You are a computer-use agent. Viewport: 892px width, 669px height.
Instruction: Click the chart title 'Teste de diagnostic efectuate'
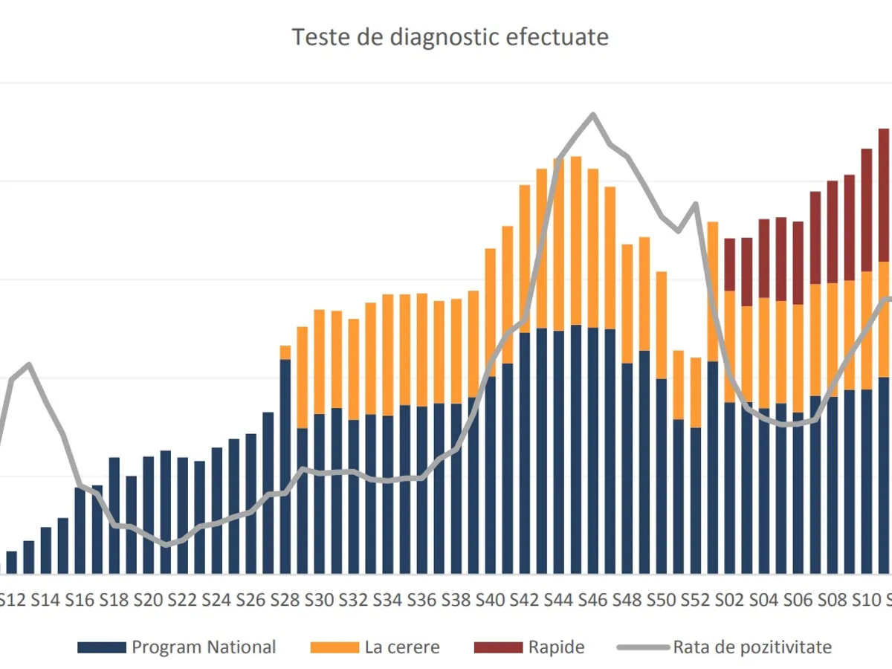coord(450,37)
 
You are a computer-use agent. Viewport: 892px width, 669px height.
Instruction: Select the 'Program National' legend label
coord(204,647)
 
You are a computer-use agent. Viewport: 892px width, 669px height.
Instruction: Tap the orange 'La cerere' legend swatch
coord(333,647)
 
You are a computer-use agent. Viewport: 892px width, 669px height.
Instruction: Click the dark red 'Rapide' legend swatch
coord(498,647)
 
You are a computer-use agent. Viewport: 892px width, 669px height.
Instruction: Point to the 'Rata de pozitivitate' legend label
coord(752,647)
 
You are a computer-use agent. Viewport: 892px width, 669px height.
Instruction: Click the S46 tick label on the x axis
coord(593,600)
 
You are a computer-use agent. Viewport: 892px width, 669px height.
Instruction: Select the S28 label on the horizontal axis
coord(285,600)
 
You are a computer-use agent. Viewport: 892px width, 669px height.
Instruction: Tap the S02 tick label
coord(730,600)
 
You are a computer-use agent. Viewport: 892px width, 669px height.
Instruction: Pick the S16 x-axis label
coord(80,600)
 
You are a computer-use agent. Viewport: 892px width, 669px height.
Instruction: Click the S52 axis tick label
coord(696,600)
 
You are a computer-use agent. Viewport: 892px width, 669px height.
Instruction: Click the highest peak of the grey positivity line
coord(593,114)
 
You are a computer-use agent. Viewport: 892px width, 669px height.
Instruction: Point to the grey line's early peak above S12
coord(29,364)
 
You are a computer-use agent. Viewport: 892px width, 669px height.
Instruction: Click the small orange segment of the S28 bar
coord(285,352)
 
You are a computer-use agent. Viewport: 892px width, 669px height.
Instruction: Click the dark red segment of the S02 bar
coord(730,265)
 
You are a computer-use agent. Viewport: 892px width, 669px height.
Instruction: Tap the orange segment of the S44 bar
coord(559,245)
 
